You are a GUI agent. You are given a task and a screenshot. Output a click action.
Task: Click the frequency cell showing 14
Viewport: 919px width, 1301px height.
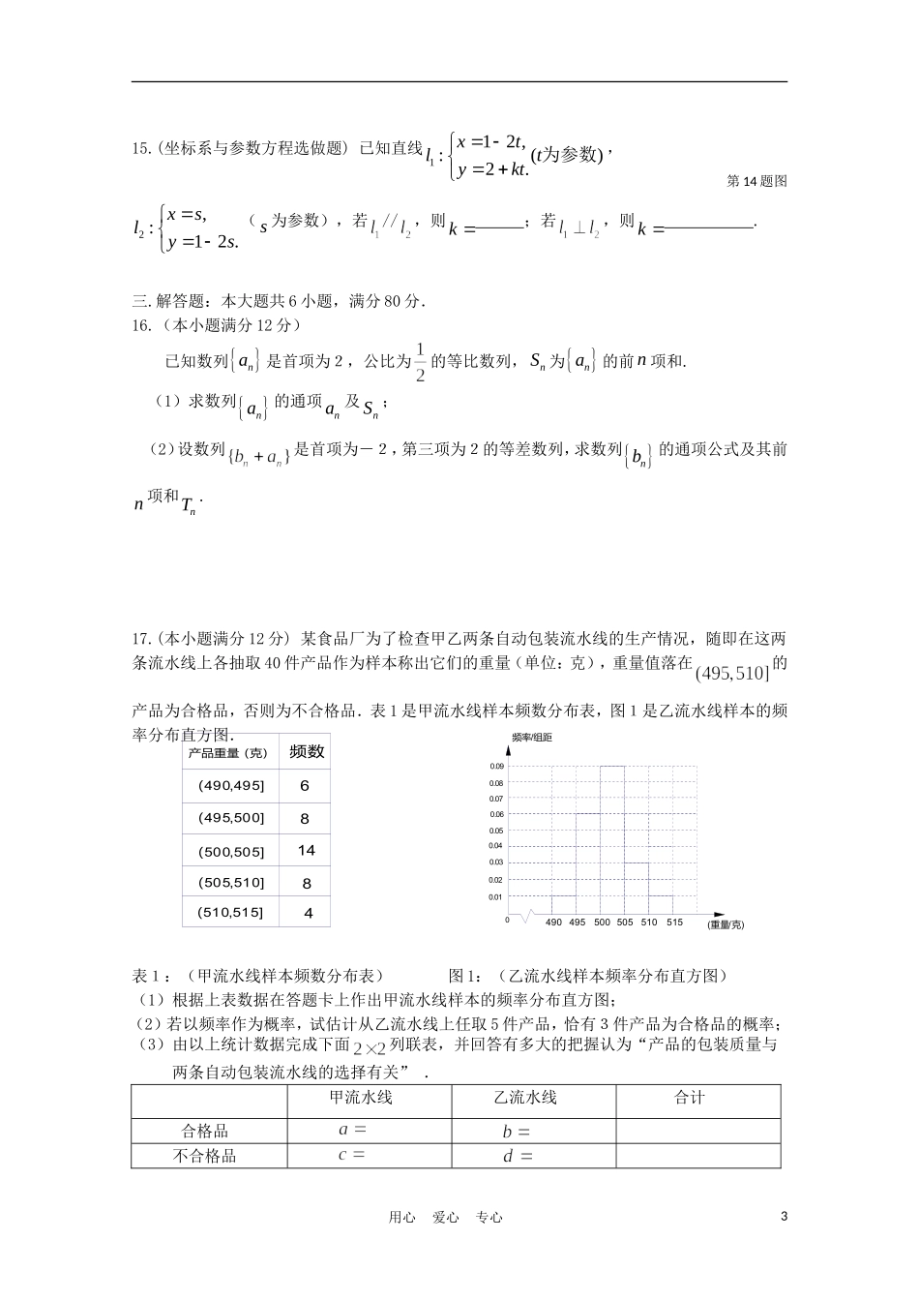pyautogui.click(x=306, y=851)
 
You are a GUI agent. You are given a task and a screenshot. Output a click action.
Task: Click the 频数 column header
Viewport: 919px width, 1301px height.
pyautogui.click(x=306, y=752)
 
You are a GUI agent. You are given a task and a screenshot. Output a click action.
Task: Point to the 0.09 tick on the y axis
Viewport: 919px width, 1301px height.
pyautogui.click(x=495, y=767)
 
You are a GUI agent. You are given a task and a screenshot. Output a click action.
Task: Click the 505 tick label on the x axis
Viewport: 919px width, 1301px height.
pyautogui.click(x=625, y=923)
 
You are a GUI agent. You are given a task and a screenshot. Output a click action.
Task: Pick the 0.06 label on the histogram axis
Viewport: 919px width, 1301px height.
pyautogui.click(x=495, y=815)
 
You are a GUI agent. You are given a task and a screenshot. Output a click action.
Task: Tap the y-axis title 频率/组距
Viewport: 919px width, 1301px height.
pyautogui.click(x=532, y=738)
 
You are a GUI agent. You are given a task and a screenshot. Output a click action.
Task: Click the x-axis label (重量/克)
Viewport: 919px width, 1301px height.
pyautogui.click(x=726, y=925)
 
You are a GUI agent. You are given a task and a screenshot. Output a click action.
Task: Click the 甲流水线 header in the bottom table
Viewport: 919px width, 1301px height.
pyautogui.click(x=361, y=1098)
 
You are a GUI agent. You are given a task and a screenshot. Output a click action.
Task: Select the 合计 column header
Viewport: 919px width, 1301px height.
pyautogui.click(x=689, y=1098)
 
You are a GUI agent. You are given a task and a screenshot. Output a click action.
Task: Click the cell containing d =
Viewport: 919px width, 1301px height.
pyautogui.click(x=518, y=1156)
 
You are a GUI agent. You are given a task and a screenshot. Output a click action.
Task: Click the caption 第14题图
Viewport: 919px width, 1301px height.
pyautogui.click(x=756, y=181)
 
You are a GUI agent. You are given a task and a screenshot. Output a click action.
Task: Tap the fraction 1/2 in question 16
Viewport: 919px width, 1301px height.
pyautogui.click(x=420, y=362)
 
